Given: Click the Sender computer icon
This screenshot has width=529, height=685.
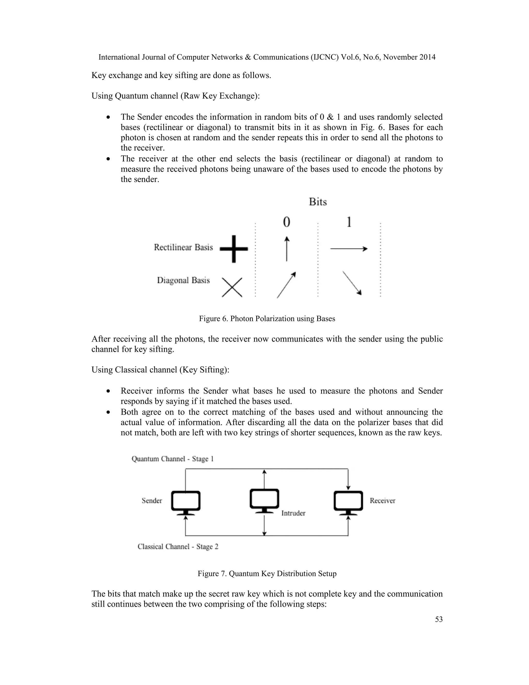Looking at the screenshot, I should [x=186, y=502].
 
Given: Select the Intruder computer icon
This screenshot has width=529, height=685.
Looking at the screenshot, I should [x=264, y=500].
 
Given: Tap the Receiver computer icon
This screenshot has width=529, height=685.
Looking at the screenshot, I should [x=348, y=502].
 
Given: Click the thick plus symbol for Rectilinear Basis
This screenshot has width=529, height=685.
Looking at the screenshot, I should [x=234, y=249].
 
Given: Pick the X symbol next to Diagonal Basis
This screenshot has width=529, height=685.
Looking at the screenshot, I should [x=232, y=287].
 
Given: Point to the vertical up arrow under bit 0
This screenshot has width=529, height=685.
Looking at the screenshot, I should [x=286, y=249].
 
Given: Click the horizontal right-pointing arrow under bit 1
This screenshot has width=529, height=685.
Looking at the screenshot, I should [x=348, y=249].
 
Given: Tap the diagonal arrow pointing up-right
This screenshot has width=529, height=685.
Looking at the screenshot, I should [x=286, y=285].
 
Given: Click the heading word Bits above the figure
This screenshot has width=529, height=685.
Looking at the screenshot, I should [x=318, y=202].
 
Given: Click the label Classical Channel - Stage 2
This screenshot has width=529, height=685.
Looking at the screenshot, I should [x=178, y=547].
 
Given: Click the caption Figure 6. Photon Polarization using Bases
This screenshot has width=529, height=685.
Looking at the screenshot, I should [x=267, y=319].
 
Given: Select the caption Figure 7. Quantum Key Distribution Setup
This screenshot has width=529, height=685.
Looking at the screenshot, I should [x=267, y=574].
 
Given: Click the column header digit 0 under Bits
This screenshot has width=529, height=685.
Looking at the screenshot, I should [x=286, y=222].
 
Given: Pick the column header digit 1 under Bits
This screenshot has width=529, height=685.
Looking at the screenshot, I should [x=349, y=222].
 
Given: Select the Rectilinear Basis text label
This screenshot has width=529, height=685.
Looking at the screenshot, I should [x=183, y=247].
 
